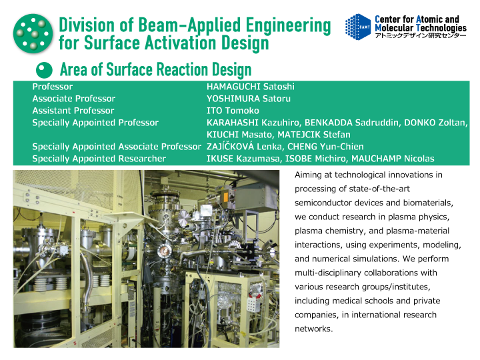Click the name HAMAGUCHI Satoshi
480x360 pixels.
click(251, 87)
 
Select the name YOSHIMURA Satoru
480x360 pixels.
click(249, 99)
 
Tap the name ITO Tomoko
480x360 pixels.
click(233, 111)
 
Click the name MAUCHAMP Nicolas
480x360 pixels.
click(393, 159)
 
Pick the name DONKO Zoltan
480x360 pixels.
click(435, 123)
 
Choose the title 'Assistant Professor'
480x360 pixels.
click(73, 111)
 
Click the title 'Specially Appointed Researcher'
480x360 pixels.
click(99, 159)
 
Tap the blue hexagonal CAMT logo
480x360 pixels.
click(357, 27)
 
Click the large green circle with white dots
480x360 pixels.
click(33, 34)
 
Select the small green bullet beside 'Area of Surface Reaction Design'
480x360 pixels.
click(44, 70)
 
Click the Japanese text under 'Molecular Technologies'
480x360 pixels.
click(420, 35)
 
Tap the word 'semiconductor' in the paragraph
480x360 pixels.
click(323, 203)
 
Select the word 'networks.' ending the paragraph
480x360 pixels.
click(313, 329)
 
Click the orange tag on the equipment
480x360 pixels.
click(226, 196)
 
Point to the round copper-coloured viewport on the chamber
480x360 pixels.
click(163, 251)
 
